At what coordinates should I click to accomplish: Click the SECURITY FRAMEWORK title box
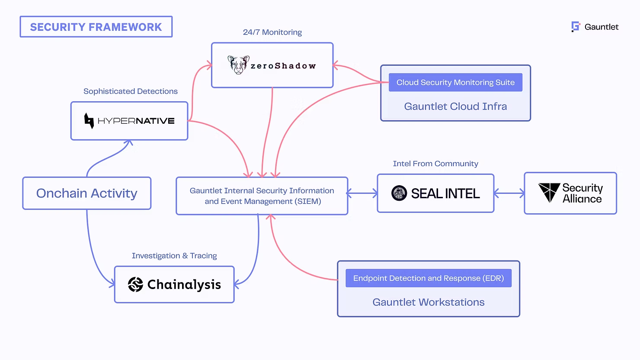click(96, 27)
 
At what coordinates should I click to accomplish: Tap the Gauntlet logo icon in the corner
click(576, 27)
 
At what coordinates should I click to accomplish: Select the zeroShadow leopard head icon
click(238, 65)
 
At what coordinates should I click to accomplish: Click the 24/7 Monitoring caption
click(272, 32)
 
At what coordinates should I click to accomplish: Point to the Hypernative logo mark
click(89, 121)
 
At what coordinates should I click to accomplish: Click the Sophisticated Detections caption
click(130, 91)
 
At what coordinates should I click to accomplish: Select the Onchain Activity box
click(86, 193)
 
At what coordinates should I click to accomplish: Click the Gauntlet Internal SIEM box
click(262, 196)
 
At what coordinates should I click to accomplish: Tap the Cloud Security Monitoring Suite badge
click(455, 82)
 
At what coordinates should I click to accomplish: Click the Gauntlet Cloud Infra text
click(455, 106)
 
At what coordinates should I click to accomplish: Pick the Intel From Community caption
click(435, 164)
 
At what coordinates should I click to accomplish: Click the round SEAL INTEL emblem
click(399, 193)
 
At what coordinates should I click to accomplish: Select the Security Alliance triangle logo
click(549, 192)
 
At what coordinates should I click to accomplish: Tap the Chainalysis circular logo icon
click(135, 284)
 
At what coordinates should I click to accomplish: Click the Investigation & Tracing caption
click(174, 256)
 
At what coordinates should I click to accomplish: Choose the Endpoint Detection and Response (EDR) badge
click(428, 278)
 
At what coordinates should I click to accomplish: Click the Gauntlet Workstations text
click(428, 302)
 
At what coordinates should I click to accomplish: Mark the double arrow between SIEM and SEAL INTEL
click(362, 193)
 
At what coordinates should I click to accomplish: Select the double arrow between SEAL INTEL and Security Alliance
click(509, 193)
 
